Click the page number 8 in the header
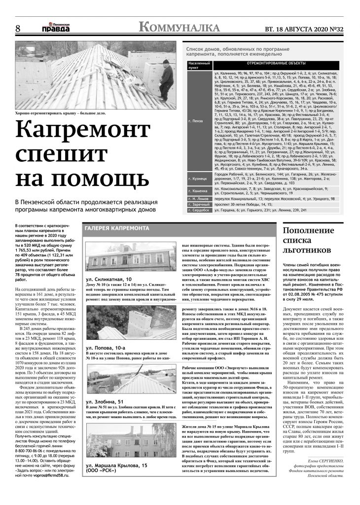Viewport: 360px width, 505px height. (x=18, y=29)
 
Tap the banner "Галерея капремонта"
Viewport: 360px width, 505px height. (x=117, y=228)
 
